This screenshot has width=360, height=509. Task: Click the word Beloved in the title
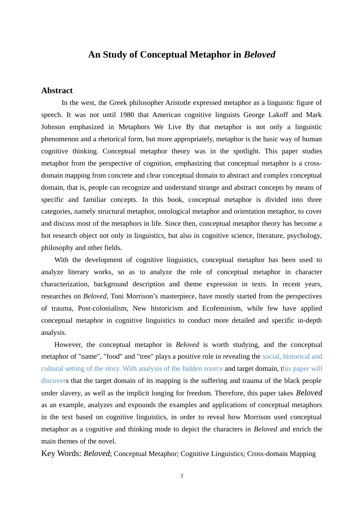(x=260, y=55)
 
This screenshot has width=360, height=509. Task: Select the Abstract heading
(x=57, y=91)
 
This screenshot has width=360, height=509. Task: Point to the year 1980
(x=127, y=115)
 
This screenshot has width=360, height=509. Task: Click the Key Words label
(x=61, y=454)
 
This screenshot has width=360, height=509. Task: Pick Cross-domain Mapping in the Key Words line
(x=281, y=454)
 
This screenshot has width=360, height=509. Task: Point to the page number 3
(x=182, y=476)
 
